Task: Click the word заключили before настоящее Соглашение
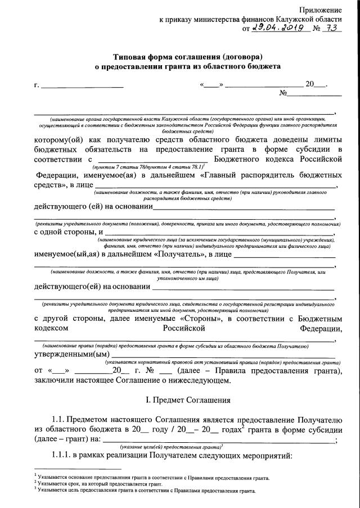(56, 380)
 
